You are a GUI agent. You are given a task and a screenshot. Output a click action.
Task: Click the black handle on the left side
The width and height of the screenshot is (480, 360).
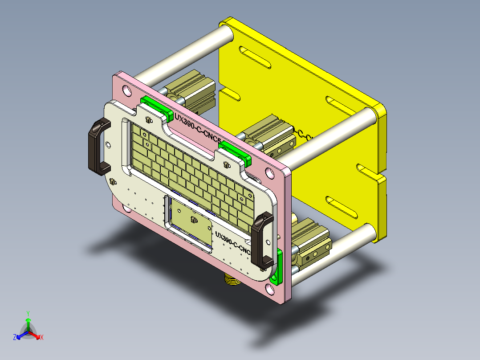tap(95, 147)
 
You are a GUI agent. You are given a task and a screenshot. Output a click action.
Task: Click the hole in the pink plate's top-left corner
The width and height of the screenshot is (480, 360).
tap(127, 91)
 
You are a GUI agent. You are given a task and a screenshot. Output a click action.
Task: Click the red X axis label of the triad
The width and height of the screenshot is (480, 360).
tap(41, 338)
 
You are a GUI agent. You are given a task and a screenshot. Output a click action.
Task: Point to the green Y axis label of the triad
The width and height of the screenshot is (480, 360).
tap(28, 313)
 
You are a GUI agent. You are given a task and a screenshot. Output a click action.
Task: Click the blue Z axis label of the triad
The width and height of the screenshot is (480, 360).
tap(14, 338)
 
